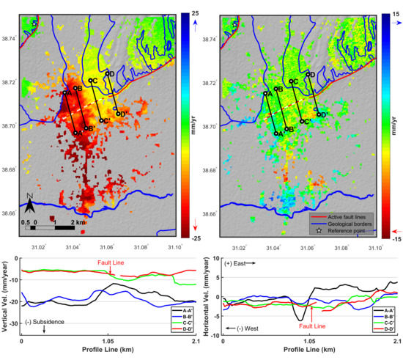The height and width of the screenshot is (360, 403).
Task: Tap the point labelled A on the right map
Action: click(265, 93)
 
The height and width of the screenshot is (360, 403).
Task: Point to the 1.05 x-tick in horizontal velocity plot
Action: click(309, 341)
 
